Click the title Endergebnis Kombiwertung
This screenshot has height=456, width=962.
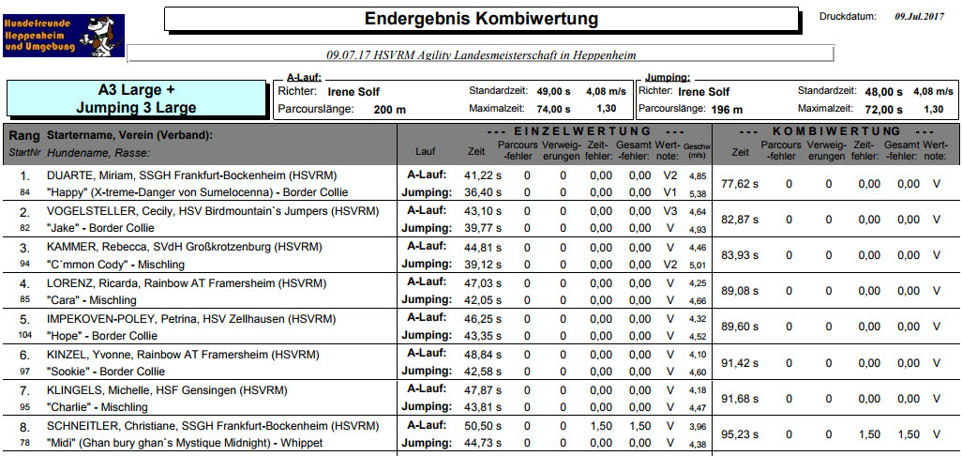coord(482,19)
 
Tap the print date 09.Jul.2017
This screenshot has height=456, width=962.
coord(919,17)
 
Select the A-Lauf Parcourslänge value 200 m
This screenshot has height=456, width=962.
coord(390,111)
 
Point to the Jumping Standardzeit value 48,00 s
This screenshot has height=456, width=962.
coord(883,92)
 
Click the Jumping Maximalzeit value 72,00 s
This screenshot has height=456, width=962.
coord(883,110)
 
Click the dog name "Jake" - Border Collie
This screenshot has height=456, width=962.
coord(100,228)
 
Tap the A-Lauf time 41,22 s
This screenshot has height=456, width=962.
coord(483,175)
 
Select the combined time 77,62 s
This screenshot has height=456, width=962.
coord(740,184)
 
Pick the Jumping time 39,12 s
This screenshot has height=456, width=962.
coord(483,264)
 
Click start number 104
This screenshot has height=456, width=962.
coord(24,336)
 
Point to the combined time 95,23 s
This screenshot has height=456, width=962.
coord(740,433)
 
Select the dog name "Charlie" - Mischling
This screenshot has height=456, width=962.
coord(97,407)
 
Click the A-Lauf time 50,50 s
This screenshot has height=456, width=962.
coord(483,425)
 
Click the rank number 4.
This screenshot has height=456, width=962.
coord(24,284)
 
